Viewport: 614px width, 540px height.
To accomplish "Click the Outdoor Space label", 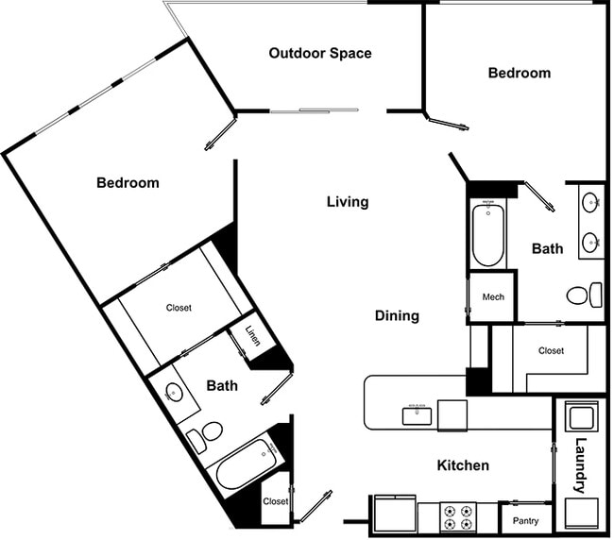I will [320, 53].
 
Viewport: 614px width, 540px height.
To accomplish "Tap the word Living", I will [347, 202].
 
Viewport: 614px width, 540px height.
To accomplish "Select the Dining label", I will [396, 315].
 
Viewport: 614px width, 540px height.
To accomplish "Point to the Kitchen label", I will [462, 465].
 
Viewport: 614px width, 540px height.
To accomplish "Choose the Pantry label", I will [525, 520].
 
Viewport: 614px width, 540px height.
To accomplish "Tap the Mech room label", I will [493, 296].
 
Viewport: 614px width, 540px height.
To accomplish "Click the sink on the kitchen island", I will [417, 413].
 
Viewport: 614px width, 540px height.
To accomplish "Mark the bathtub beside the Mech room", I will [488, 232].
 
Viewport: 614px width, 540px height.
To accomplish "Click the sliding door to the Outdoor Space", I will [316, 111].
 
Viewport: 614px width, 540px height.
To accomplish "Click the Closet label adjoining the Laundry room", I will [551, 350].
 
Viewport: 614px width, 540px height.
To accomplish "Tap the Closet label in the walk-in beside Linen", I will [179, 307].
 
